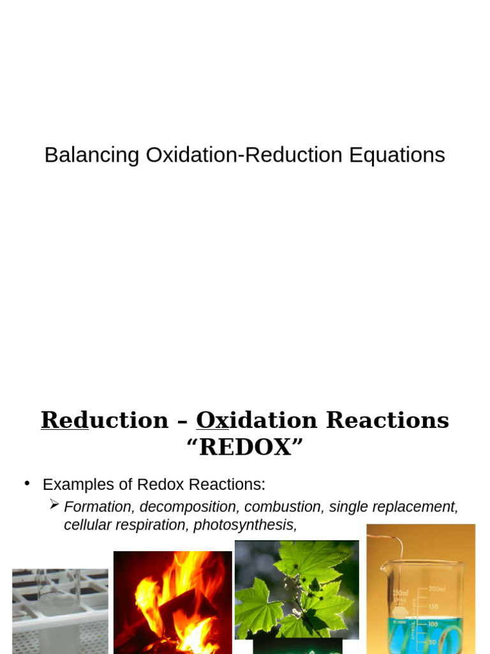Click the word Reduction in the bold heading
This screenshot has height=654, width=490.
(x=105, y=420)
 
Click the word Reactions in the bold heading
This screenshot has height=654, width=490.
(x=387, y=420)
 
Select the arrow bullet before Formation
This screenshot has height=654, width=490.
(x=54, y=505)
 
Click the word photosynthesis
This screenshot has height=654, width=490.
(x=245, y=525)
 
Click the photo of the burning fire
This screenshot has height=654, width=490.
(x=172, y=602)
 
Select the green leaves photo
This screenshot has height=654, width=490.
(x=297, y=589)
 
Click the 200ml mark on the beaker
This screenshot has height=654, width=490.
(x=438, y=589)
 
